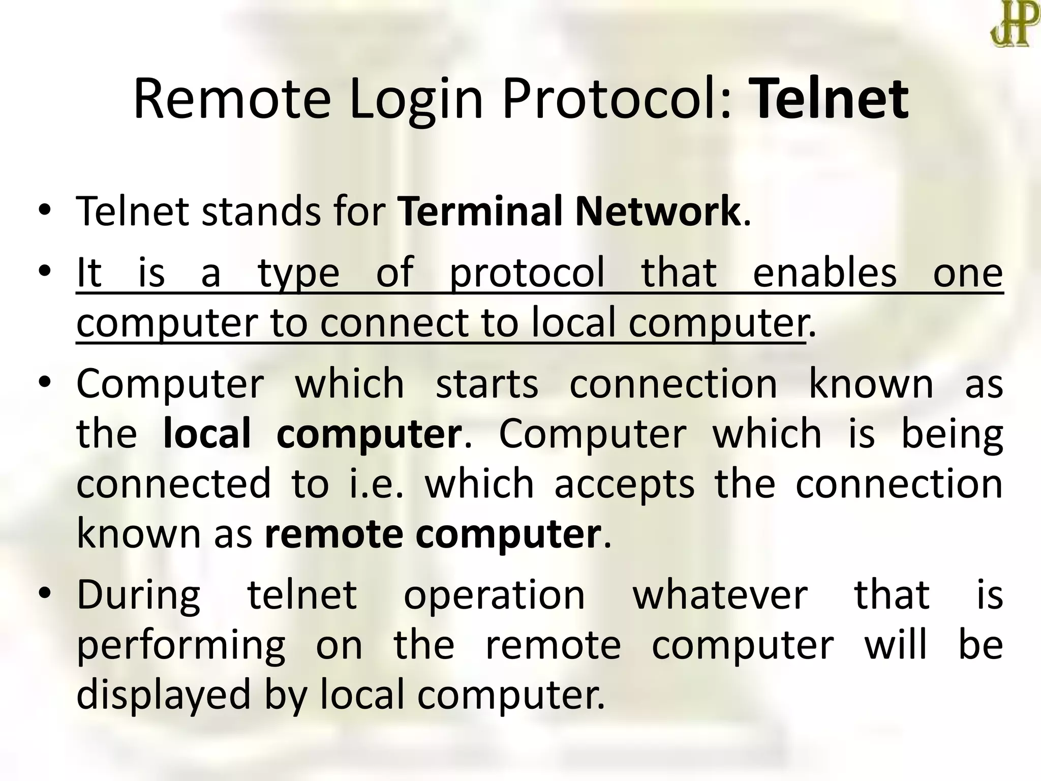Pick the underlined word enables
824,273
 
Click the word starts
487,383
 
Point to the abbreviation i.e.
376,484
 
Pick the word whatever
720,595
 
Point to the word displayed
164,696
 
